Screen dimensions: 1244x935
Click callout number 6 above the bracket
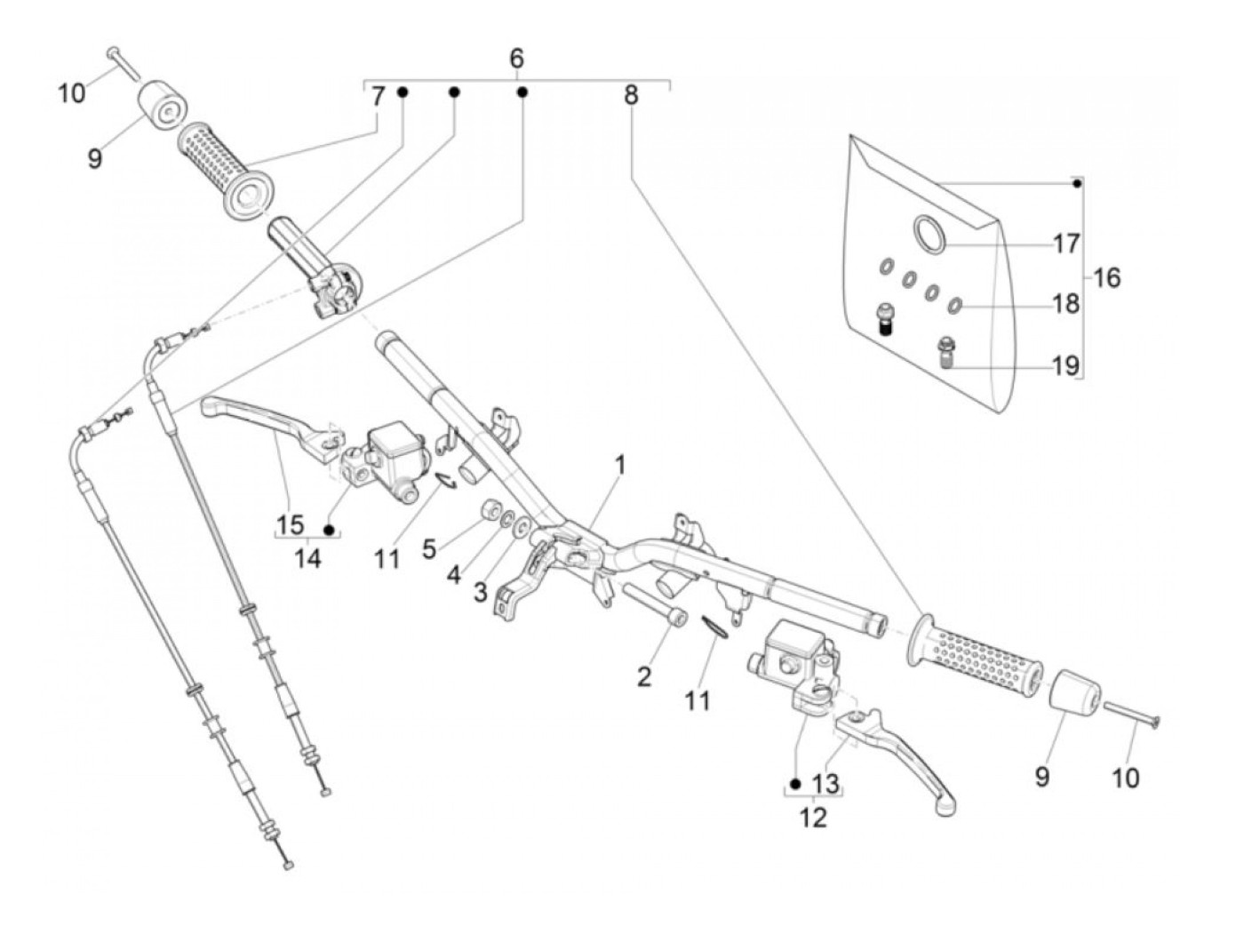click(x=517, y=58)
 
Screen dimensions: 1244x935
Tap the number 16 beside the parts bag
click(x=1106, y=278)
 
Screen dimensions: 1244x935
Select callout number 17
click(x=1066, y=244)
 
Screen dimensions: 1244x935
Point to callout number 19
click(x=1066, y=365)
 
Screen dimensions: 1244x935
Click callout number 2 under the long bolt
click(x=644, y=677)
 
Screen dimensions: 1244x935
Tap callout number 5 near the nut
click(x=429, y=548)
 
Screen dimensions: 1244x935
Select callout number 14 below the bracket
click(x=308, y=559)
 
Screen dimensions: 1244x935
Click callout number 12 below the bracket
click(x=814, y=818)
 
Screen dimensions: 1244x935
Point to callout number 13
click(x=825, y=784)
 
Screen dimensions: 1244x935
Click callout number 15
click(x=291, y=524)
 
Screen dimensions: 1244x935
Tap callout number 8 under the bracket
click(x=632, y=95)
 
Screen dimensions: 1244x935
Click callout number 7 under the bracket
click(x=378, y=95)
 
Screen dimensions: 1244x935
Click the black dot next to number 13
click(x=795, y=784)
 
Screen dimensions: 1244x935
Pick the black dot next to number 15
click(x=329, y=530)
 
